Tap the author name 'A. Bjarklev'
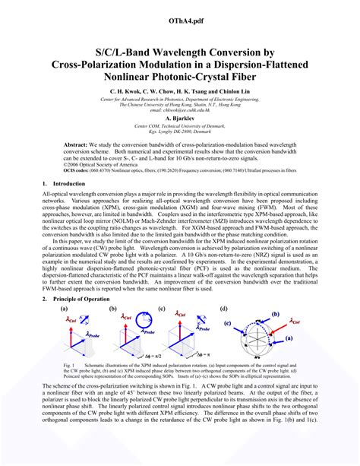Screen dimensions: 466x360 point(179,119)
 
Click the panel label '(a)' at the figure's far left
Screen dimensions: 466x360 point(65,309)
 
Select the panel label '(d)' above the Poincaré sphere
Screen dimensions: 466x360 point(223,309)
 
